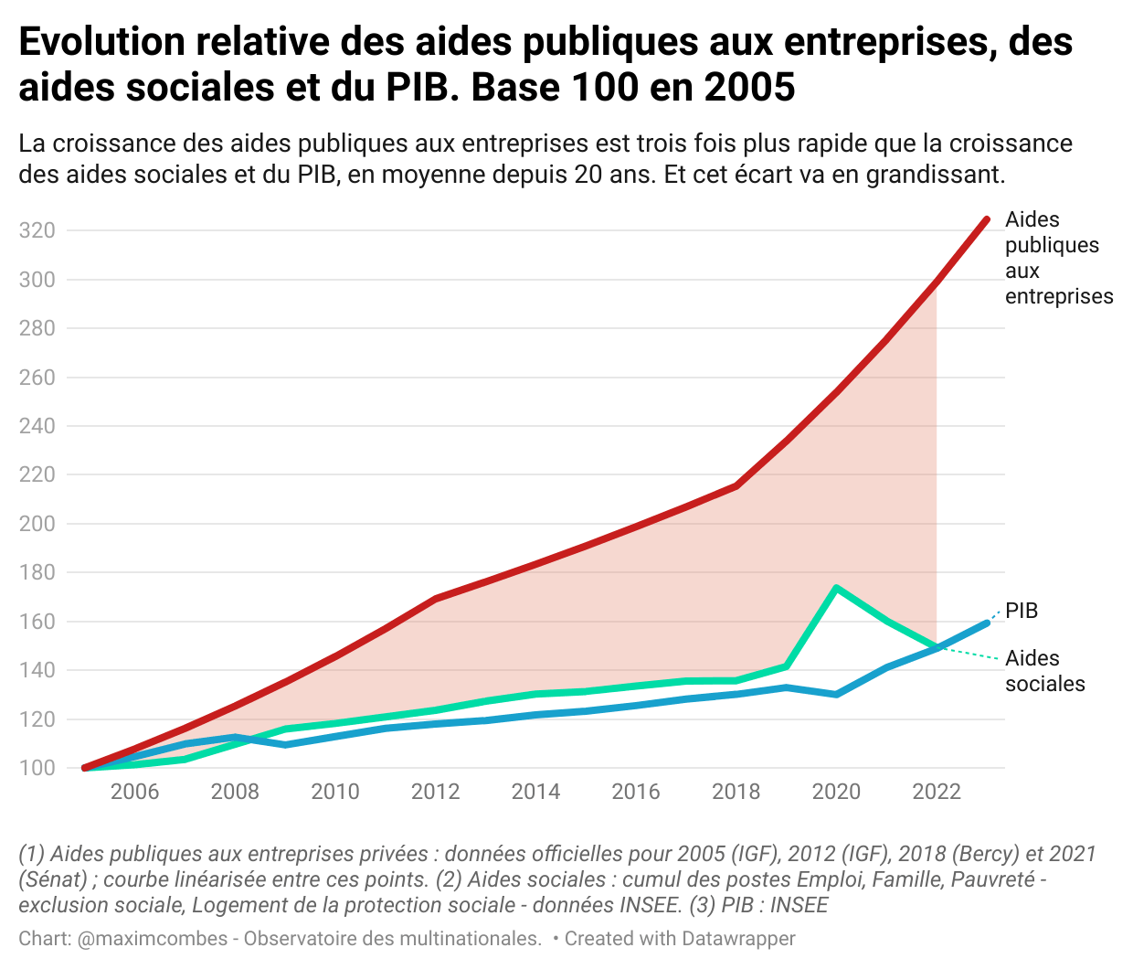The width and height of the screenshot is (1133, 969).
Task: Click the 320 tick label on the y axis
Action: (x=37, y=230)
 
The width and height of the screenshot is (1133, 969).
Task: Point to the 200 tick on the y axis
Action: (x=37, y=524)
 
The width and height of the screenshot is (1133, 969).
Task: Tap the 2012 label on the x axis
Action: (x=435, y=792)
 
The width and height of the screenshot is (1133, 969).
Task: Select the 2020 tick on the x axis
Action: (x=836, y=792)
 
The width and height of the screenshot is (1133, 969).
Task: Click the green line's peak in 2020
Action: (x=836, y=588)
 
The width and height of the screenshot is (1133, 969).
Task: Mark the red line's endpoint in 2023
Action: (x=987, y=219)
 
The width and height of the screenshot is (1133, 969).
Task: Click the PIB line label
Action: (x=1022, y=611)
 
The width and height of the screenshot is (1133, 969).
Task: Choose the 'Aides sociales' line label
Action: (x=1044, y=671)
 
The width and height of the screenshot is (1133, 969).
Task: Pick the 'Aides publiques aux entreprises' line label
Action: (x=1058, y=258)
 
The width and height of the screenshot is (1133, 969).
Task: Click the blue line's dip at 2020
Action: (x=836, y=695)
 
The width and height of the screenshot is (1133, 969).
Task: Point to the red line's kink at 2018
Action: (x=736, y=485)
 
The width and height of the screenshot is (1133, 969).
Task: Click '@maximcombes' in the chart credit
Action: (x=153, y=939)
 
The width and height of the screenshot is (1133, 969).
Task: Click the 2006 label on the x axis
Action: (x=134, y=792)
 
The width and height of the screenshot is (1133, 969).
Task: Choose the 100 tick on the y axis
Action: (x=37, y=768)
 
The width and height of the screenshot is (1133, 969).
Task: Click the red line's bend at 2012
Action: (x=435, y=599)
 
